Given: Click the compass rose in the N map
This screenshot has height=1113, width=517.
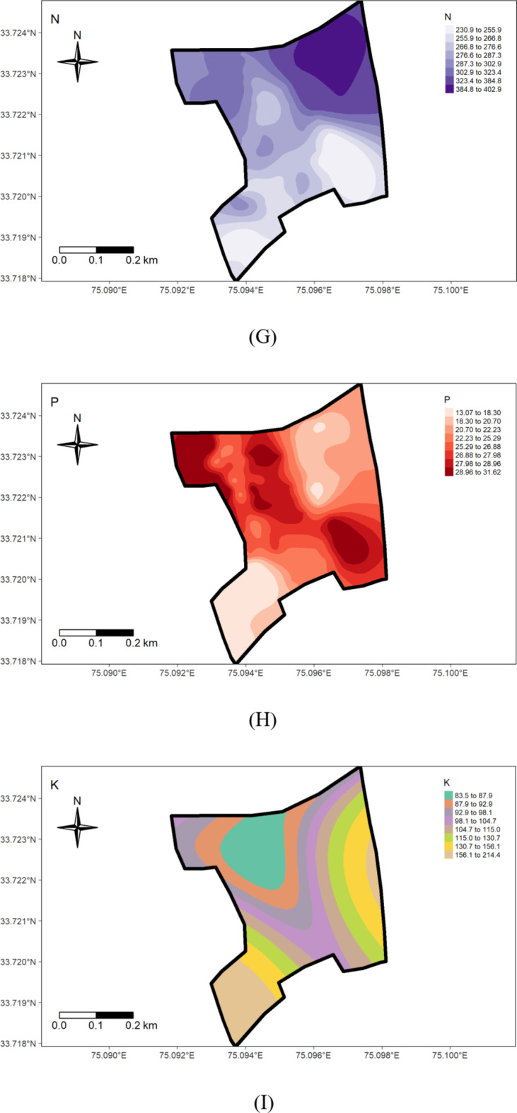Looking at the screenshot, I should point(77,62).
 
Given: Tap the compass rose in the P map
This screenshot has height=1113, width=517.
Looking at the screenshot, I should point(77,445).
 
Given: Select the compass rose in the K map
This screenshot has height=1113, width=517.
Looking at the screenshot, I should point(77,827).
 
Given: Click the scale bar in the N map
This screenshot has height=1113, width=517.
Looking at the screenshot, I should point(96,250).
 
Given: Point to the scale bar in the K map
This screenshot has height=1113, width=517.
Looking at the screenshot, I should point(96,1015).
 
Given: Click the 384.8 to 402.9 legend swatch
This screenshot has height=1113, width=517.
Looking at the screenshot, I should point(450,89).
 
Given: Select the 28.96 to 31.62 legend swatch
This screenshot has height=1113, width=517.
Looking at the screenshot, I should point(450,472).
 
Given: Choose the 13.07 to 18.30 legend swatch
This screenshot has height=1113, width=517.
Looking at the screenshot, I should point(450,411).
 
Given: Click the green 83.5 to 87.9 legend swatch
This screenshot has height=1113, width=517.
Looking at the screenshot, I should point(450,795).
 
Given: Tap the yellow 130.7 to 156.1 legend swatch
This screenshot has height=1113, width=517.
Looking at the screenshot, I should point(450,846).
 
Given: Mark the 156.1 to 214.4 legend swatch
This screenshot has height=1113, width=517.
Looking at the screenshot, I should point(450,855).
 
